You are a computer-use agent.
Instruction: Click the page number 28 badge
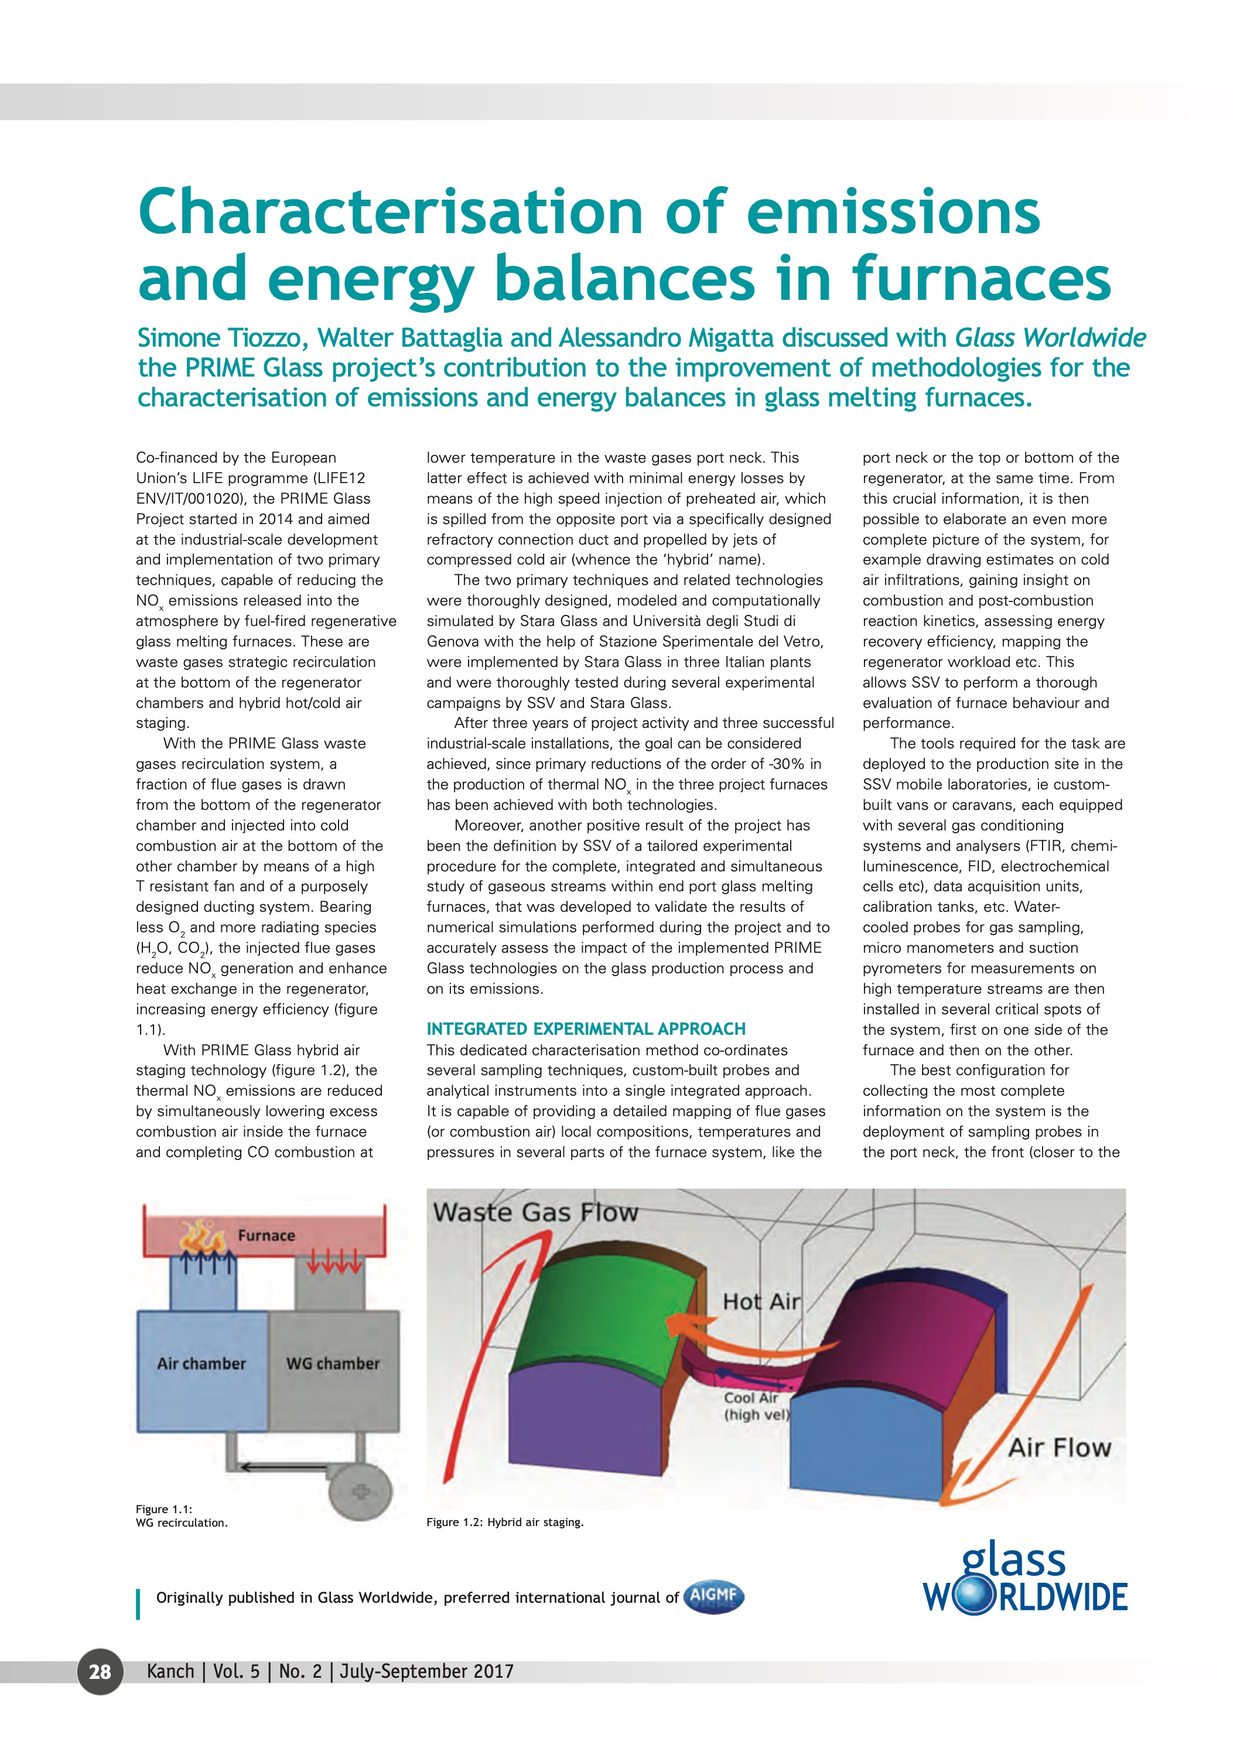[x=100, y=1671]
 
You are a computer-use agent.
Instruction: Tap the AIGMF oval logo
[x=713, y=1597]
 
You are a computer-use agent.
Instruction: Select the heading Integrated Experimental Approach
[x=586, y=1029]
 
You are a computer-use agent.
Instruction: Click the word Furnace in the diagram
[x=267, y=1235]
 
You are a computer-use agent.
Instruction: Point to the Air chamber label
[x=201, y=1363]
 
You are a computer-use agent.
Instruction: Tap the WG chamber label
[x=333, y=1363]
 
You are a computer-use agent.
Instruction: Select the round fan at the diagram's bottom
[x=360, y=1492]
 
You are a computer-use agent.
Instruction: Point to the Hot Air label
[x=761, y=1301]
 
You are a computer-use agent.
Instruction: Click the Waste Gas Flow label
[x=535, y=1212]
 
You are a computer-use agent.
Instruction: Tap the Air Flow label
[x=1060, y=1447]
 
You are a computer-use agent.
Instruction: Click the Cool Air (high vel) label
[x=756, y=1405]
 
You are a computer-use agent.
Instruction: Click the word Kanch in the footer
[x=170, y=1671]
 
